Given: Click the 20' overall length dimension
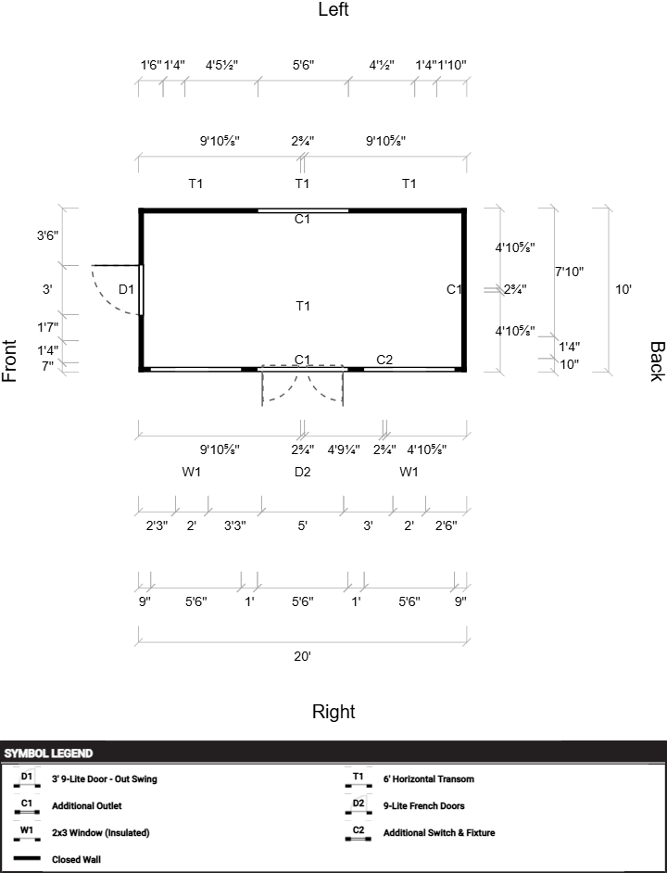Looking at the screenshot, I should [302, 656].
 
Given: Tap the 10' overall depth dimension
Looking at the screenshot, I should [623, 289].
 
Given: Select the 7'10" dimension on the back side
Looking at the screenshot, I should [570, 272].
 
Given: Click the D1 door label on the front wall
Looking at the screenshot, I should [127, 289].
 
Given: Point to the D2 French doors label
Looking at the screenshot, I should [302, 472].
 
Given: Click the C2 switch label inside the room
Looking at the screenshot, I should [384, 360].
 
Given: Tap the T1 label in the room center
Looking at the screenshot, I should [302, 306].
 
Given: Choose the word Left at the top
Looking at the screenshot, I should [333, 10].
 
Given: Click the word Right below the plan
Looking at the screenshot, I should [333, 712].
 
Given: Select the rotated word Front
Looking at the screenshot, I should [10, 361].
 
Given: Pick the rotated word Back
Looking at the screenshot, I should [656, 361].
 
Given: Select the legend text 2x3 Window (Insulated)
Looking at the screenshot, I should [100, 832].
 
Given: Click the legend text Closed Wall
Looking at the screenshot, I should [76, 859].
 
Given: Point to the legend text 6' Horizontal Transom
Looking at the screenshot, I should [428, 779].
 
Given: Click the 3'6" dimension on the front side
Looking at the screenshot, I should [47, 235].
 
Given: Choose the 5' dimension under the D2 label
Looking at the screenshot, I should [302, 525].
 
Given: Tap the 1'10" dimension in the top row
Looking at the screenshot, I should [452, 65].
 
